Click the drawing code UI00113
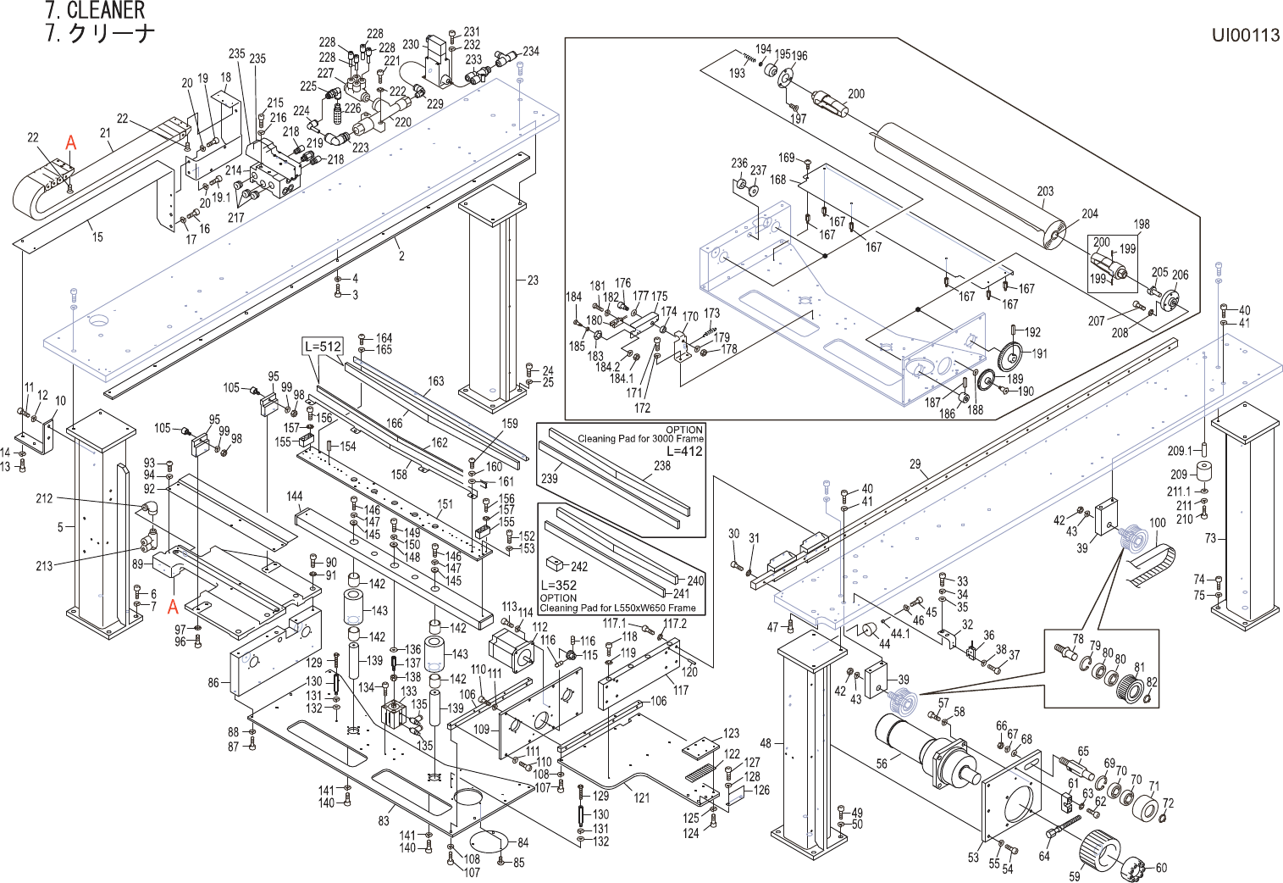tap(1245, 35)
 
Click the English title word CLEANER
tap(106, 11)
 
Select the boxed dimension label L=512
tap(323, 346)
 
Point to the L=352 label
tap(558, 586)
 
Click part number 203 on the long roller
tap(1045, 191)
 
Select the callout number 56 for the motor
tap(882, 764)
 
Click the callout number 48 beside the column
tap(766, 743)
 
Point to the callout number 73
tap(1210, 538)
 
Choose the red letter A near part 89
tap(173, 607)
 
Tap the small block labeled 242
tap(555, 562)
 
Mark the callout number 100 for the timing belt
tap(1157, 523)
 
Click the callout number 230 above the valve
tap(411, 44)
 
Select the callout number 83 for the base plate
tap(384, 820)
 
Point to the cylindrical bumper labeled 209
tap(1202, 471)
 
